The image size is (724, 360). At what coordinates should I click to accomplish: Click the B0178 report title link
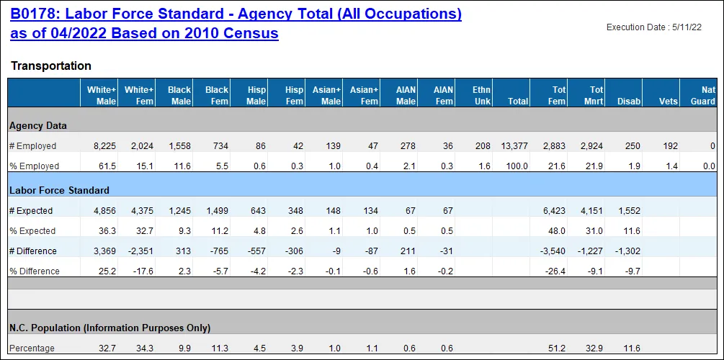[236, 24]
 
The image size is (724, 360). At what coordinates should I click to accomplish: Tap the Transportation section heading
[51, 66]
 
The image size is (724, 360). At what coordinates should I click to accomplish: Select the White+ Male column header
[102, 96]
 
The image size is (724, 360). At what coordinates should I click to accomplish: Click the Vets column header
[669, 102]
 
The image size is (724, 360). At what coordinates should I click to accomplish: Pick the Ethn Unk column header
[481, 96]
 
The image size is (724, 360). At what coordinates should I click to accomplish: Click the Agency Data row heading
[38, 125]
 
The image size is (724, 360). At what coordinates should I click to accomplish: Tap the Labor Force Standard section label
[59, 191]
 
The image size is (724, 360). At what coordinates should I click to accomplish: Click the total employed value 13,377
[514, 146]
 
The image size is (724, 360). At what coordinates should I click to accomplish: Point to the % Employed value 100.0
[517, 166]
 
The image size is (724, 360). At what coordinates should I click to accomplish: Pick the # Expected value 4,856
[104, 211]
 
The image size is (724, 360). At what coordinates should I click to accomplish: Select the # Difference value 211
[408, 251]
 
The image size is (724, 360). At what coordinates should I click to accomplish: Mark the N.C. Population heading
[110, 328]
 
